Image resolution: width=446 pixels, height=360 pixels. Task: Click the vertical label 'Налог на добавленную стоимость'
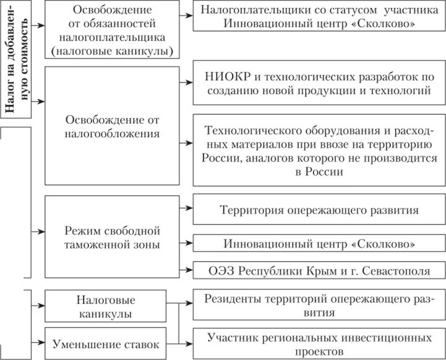[17, 59]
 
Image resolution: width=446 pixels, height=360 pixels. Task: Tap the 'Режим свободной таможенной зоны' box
[113, 238]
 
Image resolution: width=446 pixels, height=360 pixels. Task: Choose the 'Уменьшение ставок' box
[109, 343]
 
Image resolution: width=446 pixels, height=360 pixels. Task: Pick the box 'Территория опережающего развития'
[319, 210]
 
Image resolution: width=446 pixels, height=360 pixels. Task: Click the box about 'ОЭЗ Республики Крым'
[319, 271]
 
